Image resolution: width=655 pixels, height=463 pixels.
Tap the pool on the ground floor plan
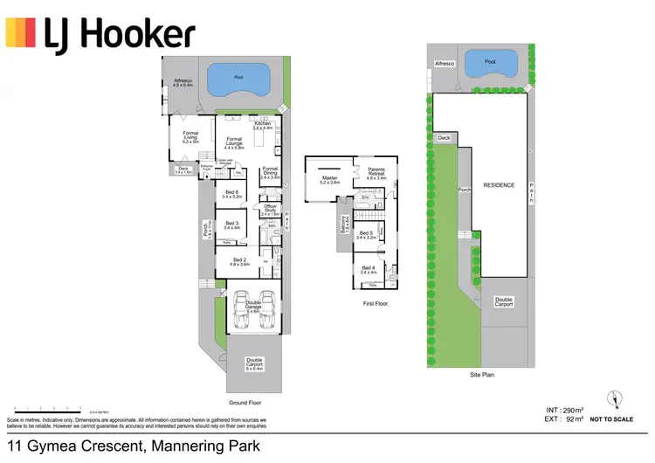(x=238, y=78)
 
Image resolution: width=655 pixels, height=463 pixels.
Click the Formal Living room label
(x=190, y=136)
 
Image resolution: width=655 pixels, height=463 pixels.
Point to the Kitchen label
(x=263, y=126)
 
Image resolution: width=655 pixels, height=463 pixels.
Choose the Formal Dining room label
(x=270, y=172)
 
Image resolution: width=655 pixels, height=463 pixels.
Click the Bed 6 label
(x=231, y=195)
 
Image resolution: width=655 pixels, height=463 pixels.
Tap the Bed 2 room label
(x=239, y=261)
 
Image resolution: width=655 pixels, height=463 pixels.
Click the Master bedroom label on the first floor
(x=329, y=180)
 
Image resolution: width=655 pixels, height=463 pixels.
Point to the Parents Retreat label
(x=376, y=175)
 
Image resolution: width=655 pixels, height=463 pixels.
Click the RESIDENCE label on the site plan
(x=500, y=185)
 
